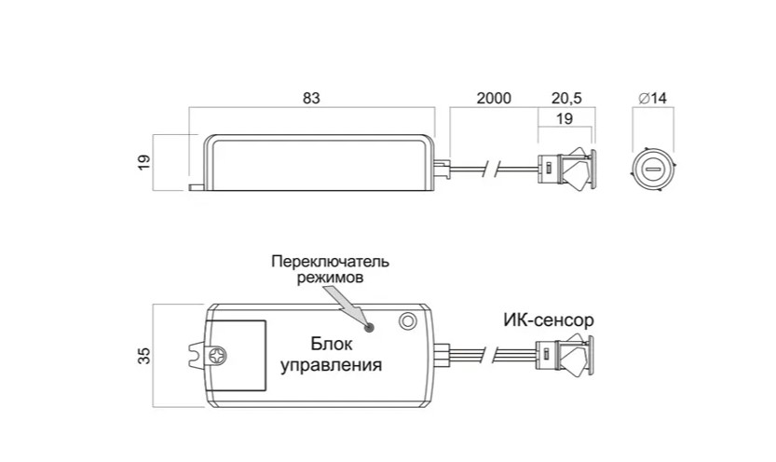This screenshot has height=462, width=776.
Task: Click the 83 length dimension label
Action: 311,98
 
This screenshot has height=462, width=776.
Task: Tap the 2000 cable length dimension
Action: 494,98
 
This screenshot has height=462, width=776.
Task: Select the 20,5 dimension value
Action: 566,98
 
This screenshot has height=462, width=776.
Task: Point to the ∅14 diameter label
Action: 652,98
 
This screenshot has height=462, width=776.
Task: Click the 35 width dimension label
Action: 143,356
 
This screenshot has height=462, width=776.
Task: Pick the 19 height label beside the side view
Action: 143,162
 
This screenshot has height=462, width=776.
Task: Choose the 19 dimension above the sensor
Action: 565,118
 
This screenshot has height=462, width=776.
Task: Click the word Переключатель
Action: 330,261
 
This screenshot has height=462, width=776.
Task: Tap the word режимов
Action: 330,278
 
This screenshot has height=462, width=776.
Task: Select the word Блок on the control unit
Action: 332,344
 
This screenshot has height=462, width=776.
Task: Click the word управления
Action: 331,365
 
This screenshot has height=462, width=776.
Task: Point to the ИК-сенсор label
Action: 549,320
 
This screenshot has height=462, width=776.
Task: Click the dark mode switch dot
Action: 369,326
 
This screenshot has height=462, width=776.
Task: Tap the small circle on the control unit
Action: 407,321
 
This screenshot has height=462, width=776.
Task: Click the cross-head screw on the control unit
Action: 216,355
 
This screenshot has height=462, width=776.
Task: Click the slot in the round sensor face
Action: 652,170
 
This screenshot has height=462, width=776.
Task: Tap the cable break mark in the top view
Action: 494,170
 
